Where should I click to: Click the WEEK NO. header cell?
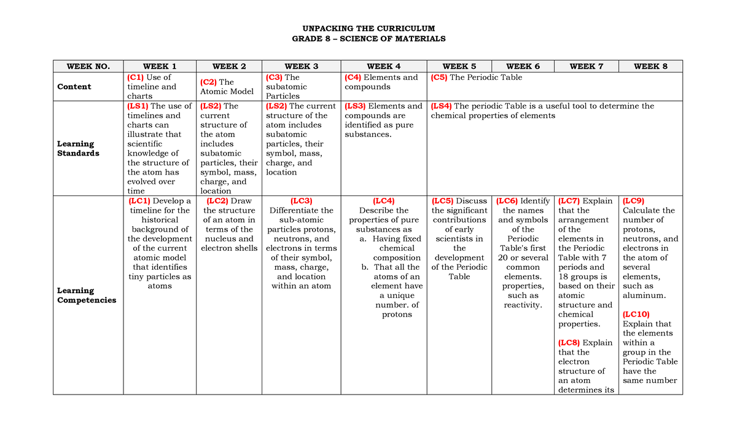click(88, 66)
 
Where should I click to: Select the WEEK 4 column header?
click(383, 66)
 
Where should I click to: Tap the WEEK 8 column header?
click(650, 66)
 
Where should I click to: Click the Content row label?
click(74, 87)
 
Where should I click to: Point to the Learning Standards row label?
click(78, 149)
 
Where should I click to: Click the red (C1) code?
click(135, 77)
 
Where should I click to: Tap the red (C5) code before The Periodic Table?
click(439, 77)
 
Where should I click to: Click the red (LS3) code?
click(355, 106)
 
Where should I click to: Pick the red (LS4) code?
click(441, 106)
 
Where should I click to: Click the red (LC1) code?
click(139, 201)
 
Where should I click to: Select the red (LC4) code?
click(383, 201)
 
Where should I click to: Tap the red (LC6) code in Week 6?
click(507, 201)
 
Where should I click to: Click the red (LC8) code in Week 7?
click(569, 343)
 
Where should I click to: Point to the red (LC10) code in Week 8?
click(636, 314)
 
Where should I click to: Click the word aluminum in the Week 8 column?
click(644, 296)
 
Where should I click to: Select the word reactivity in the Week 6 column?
click(523, 305)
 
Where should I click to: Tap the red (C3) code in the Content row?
click(273, 77)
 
